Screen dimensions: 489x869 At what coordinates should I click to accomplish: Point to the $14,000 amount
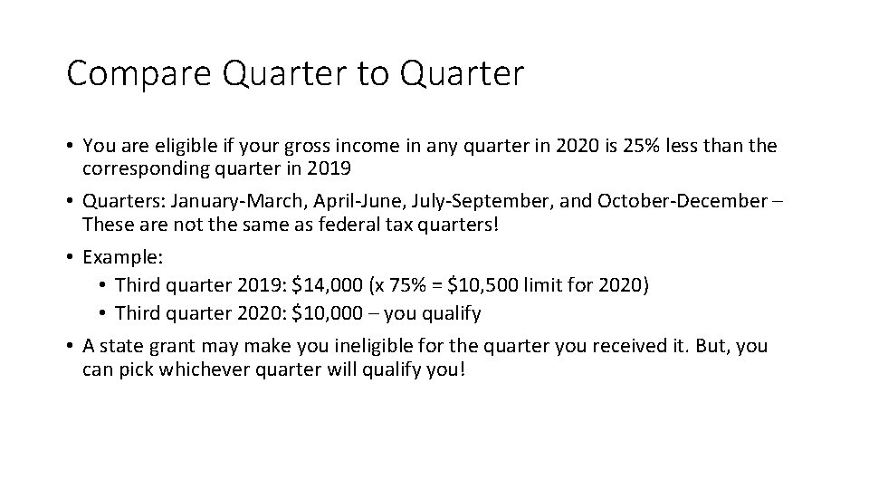pyautogui.click(x=320, y=286)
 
